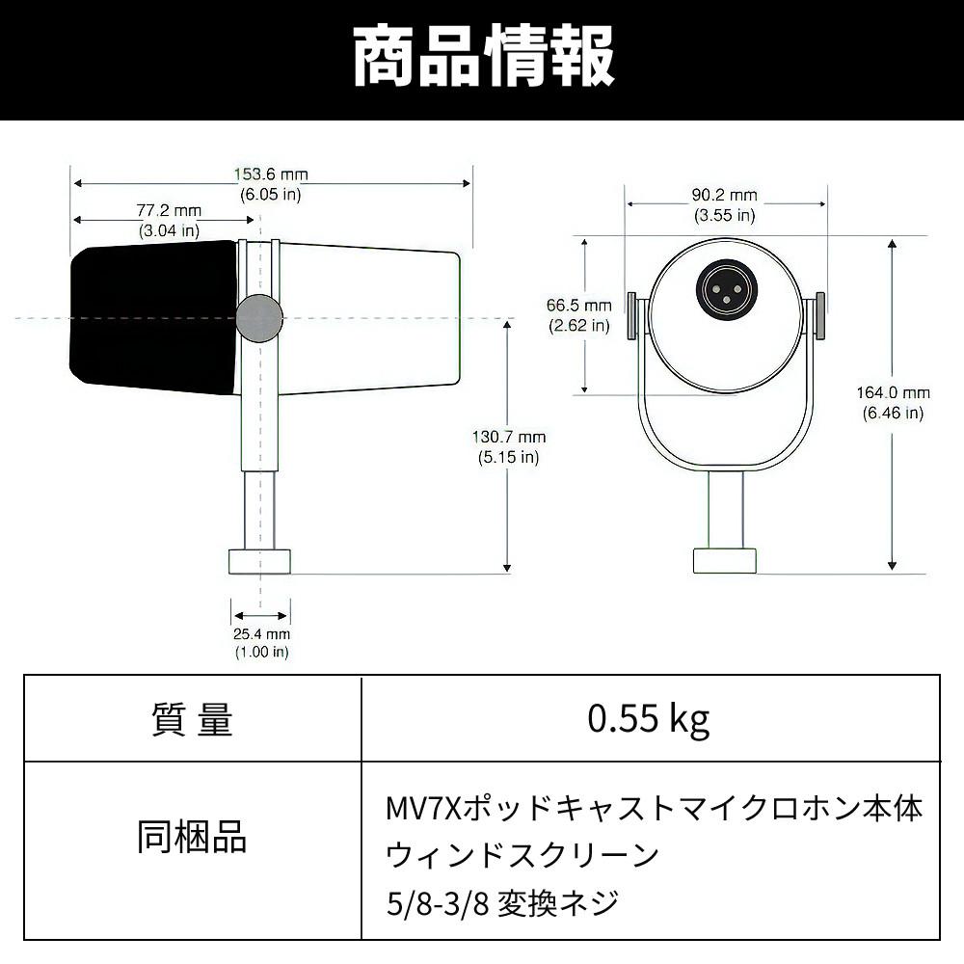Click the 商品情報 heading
483,57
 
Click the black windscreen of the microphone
153,317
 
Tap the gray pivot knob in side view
259,317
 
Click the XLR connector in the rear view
726,289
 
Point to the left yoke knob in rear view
631,315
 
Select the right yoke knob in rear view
819,315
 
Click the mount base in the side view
259,561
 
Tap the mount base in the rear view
725,561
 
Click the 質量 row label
193,719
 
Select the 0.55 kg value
649,718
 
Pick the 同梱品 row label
192,837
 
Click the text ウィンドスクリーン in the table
522,855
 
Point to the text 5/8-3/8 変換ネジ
502,903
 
